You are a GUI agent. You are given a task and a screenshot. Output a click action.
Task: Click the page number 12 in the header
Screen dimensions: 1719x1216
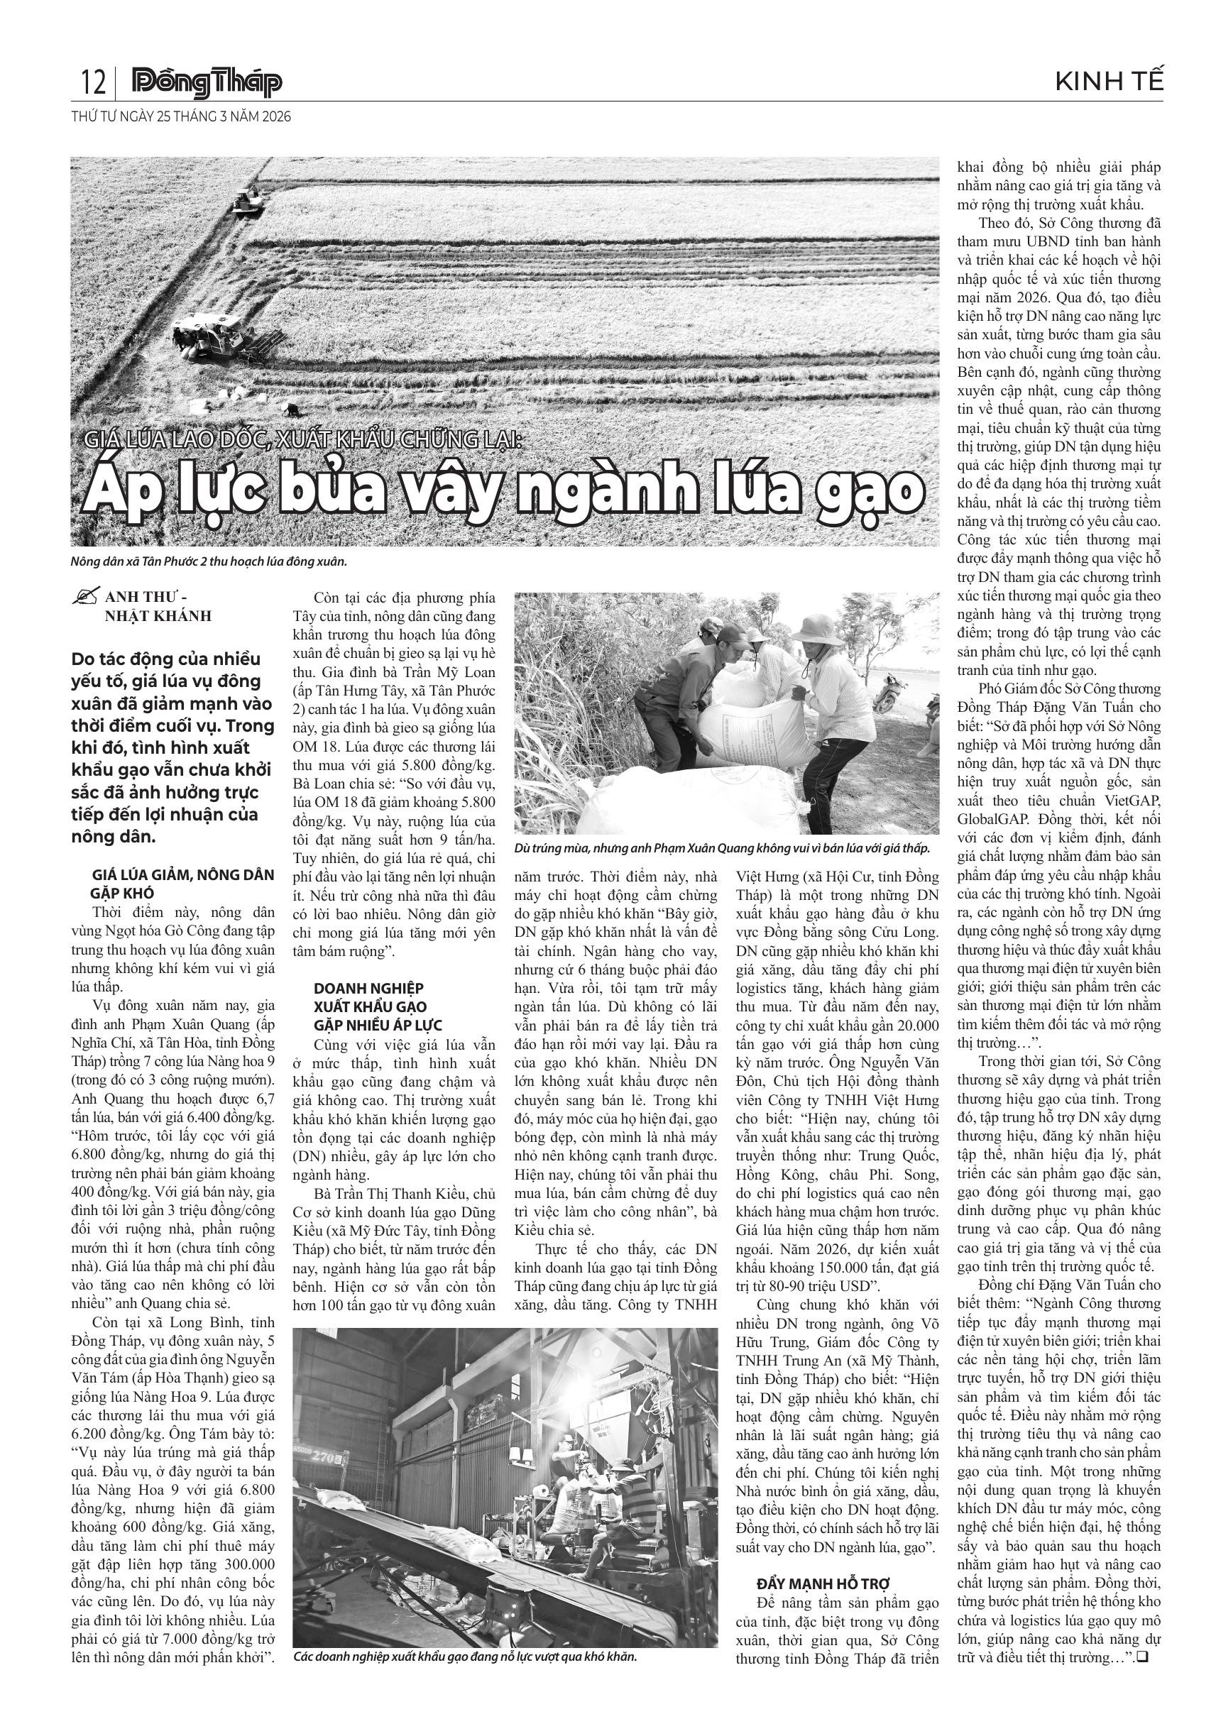(x=93, y=82)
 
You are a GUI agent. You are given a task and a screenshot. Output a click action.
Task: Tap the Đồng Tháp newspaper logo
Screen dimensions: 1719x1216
(x=207, y=82)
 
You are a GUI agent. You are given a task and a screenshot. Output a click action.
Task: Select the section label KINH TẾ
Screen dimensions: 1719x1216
(x=1109, y=82)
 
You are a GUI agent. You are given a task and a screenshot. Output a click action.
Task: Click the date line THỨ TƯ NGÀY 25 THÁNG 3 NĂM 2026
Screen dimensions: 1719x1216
(x=180, y=117)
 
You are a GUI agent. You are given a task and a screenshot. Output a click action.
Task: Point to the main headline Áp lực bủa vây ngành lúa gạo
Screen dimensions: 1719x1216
(x=504, y=490)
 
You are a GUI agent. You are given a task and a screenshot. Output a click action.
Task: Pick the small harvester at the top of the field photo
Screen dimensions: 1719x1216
(x=248, y=201)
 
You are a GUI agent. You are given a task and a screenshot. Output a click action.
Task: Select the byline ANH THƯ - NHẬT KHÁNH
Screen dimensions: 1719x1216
(x=158, y=606)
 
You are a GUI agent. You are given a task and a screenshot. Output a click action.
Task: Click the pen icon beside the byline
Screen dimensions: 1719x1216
(x=87, y=598)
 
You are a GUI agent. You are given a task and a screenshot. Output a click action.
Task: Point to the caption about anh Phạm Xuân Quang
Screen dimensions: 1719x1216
(x=723, y=848)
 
